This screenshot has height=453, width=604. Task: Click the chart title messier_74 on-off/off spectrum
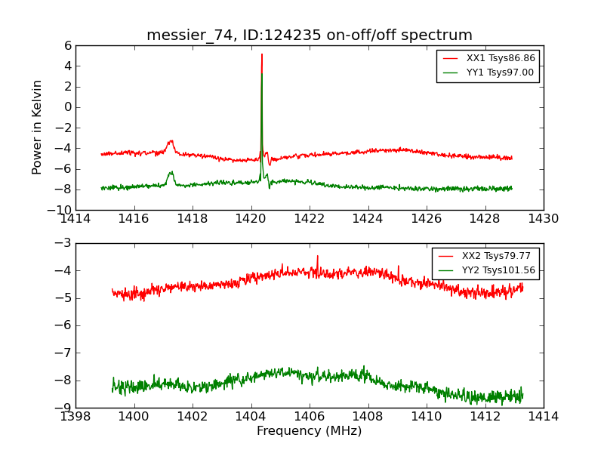(310, 35)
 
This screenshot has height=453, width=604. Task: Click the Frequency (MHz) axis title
(309, 431)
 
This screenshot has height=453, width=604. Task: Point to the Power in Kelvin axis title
(37, 127)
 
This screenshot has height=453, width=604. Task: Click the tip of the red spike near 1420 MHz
(262, 54)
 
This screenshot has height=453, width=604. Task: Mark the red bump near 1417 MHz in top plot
(171, 141)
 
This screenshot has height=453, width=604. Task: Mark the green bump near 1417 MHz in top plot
(171, 172)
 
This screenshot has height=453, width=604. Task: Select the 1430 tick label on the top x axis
(543, 220)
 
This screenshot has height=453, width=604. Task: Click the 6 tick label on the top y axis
(67, 45)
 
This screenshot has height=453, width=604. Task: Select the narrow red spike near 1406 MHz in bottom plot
(317, 257)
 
